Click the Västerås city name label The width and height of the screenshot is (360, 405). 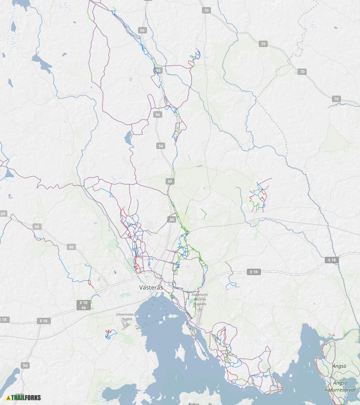[x=151, y=287]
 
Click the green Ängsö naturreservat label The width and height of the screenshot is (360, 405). [x=340, y=386]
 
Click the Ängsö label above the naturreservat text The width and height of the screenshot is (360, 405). [x=339, y=366]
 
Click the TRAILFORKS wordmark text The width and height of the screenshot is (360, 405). [x=26, y=397]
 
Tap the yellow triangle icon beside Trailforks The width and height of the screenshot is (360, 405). [x=8, y=397]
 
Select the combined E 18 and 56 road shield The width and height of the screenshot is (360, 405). [x=83, y=305]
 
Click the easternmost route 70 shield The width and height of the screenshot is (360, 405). [x=336, y=99]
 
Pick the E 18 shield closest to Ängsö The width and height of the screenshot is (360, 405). [x=332, y=260]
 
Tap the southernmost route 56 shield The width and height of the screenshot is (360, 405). [x=25, y=365]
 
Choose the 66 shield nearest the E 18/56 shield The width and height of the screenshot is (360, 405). [x=71, y=247]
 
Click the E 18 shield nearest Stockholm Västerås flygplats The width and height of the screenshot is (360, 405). [x=253, y=272]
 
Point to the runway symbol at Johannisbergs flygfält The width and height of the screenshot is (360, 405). [x=124, y=327]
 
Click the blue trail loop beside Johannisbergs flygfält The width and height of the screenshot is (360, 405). [x=111, y=334]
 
